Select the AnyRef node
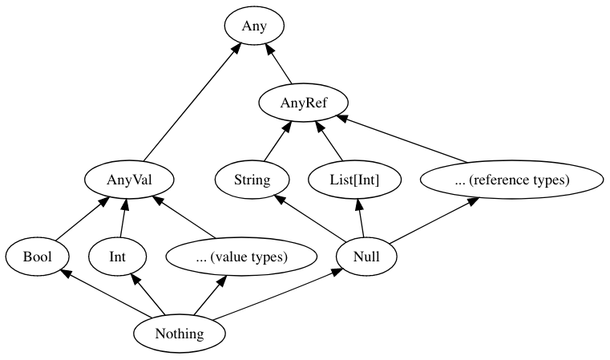pos(303,103)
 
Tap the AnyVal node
pos(130,180)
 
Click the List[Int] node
pos(354,180)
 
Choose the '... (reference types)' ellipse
pos(511,180)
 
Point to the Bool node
pos(37,257)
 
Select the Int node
pos(117,257)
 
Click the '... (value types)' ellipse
pos(227,257)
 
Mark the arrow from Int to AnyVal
pos(123,218)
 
